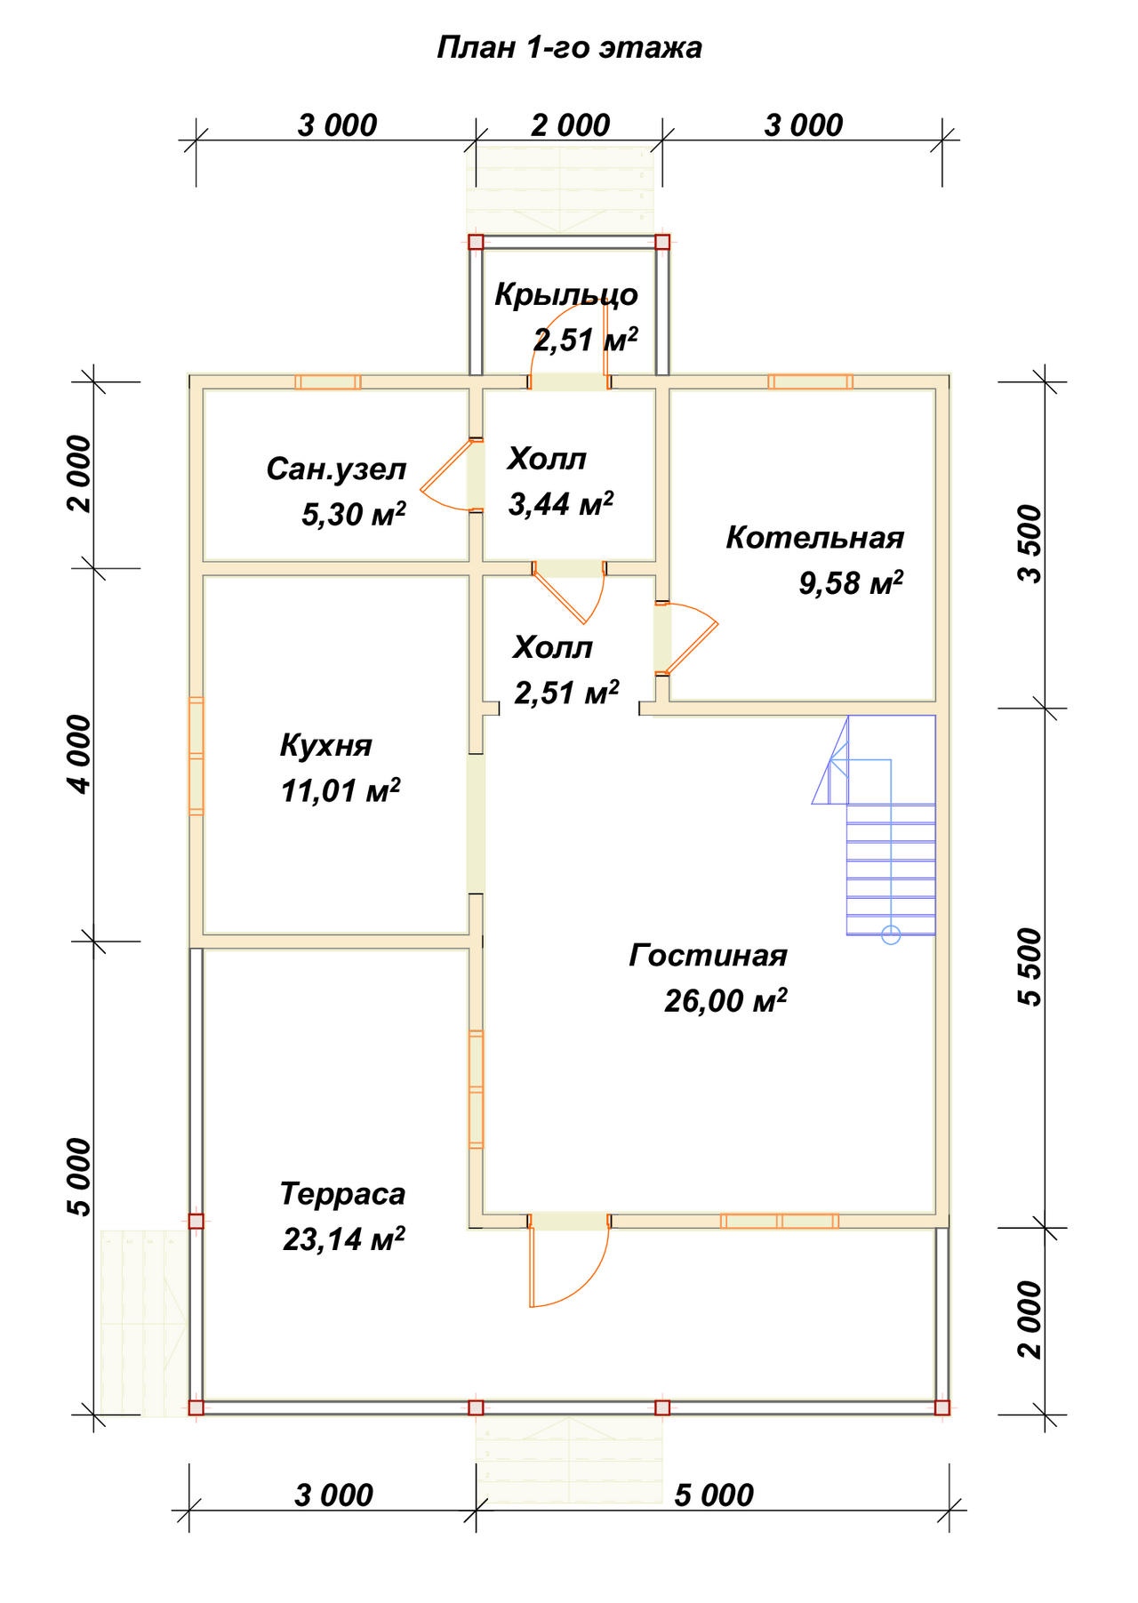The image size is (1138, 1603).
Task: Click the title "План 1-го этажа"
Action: pyautogui.click(x=569, y=48)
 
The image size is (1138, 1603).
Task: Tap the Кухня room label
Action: pyautogui.click(x=326, y=745)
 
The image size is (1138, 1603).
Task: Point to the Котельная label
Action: pyautogui.click(x=815, y=538)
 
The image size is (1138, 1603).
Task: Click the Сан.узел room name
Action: pyautogui.click(x=336, y=469)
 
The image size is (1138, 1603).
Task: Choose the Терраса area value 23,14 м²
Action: pyautogui.click(x=344, y=1238)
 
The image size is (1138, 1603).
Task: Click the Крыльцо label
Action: pyautogui.click(x=566, y=294)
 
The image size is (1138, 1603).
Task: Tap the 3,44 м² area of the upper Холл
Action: pyautogui.click(x=561, y=504)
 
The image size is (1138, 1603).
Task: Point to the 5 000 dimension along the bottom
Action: pyautogui.click(x=714, y=1495)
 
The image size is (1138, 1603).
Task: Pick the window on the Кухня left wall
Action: pyautogui.click(x=196, y=756)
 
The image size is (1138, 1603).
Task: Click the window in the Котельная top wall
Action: pyautogui.click(x=811, y=381)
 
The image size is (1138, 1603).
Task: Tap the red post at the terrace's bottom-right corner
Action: pyautogui.click(x=942, y=1407)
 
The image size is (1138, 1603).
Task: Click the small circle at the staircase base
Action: pyautogui.click(x=892, y=934)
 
